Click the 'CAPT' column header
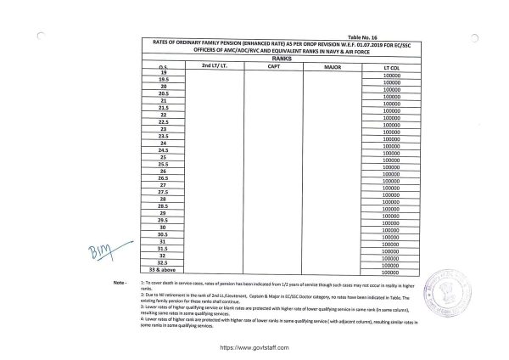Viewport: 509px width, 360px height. pyautogui.click(x=273, y=65)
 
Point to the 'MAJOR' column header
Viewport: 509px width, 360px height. pyautogui.click(x=332, y=65)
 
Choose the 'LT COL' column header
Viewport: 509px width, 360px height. pyautogui.click(x=391, y=65)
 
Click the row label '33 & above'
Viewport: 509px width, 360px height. pyautogui.click(x=161, y=269)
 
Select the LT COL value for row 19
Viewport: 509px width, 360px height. pyautogui.click(x=391, y=76)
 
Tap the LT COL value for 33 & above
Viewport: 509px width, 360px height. pyautogui.click(x=391, y=273)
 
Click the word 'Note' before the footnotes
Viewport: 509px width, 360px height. pyautogui.click(x=118, y=279)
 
